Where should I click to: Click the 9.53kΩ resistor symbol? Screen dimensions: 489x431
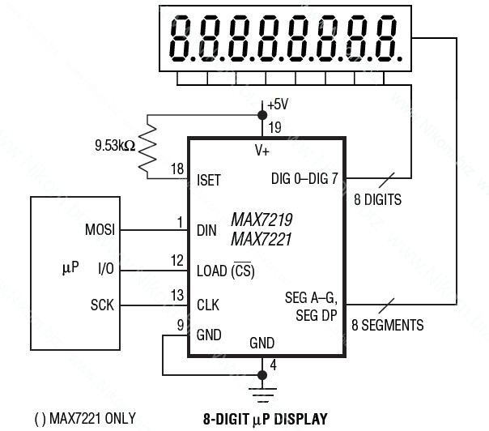147,147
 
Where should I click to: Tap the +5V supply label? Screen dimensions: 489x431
278,105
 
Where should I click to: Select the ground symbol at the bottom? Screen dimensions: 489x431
262,395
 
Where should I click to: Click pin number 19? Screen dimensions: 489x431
274,127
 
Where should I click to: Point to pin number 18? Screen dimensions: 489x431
177,169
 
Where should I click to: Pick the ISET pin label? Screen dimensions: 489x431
209,181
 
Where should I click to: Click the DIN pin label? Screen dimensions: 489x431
206,231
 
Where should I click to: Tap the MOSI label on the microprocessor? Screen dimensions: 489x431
100,230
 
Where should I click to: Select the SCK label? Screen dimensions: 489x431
102,305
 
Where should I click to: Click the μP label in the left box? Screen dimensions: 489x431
70,268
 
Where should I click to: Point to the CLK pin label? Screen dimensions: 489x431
208,305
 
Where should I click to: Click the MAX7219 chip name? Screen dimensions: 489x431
262,220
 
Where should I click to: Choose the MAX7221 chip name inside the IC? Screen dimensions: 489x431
261,239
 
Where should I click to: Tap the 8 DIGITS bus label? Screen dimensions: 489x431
377,200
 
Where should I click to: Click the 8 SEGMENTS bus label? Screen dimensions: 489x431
388,325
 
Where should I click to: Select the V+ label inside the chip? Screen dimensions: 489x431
262,151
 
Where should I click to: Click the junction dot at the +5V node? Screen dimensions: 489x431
262,115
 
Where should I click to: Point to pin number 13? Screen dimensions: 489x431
177,295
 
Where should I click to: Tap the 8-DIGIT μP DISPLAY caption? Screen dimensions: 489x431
266,419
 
